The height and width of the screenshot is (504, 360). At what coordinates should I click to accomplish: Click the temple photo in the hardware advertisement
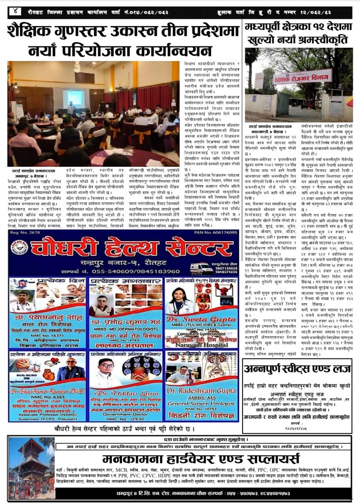click(x=31, y=468)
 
